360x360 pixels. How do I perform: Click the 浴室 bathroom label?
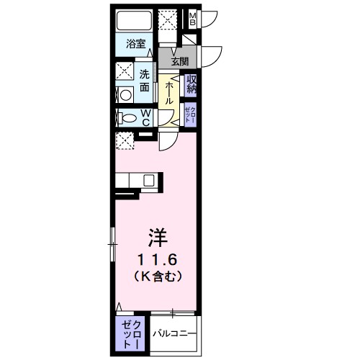click(135, 43)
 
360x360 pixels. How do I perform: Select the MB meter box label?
click(193, 17)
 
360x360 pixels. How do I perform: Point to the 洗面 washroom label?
click(144, 80)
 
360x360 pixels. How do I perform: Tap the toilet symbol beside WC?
click(128, 117)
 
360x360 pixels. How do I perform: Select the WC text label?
click(145, 117)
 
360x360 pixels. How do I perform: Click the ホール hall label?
click(168, 93)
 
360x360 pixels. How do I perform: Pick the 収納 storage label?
click(192, 86)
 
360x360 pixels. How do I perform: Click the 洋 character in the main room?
click(157, 235)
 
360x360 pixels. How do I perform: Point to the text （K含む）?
click(157, 276)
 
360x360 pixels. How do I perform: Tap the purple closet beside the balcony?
click(131, 333)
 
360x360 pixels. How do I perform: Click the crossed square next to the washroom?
click(123, 72)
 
